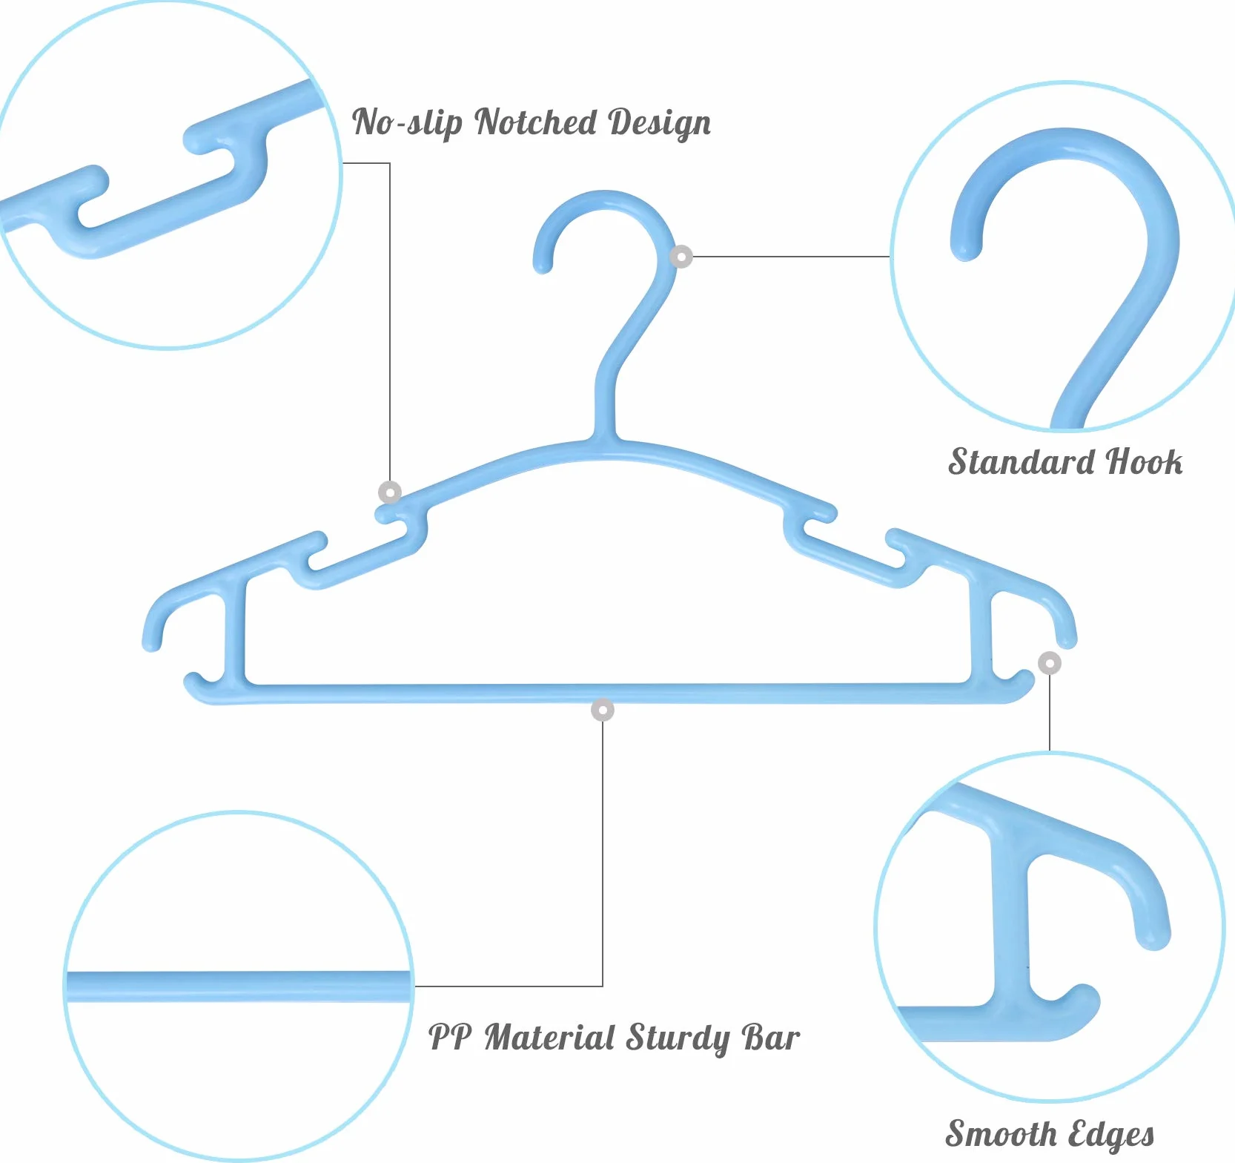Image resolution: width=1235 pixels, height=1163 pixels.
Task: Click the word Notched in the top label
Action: point(536,122)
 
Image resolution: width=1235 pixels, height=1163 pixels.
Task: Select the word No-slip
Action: point(407,123)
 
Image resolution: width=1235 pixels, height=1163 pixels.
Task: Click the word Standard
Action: point(1023,461)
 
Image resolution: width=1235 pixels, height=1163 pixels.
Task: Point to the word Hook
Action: point(1145,461)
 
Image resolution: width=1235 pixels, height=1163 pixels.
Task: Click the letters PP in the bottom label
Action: point(450,1036)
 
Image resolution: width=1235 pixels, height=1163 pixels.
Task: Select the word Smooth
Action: point(1001,1133)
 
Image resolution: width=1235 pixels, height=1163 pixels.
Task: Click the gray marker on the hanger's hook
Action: point(681,257)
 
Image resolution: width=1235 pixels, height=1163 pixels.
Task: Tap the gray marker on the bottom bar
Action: point(603,710)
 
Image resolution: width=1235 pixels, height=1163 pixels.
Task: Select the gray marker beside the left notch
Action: point(390,492)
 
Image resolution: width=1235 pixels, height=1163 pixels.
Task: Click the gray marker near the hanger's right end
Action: point(1050,663)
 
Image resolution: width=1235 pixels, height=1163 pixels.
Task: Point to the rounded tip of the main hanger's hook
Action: point(543,263)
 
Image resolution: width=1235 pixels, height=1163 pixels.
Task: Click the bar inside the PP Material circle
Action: point(239,986)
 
